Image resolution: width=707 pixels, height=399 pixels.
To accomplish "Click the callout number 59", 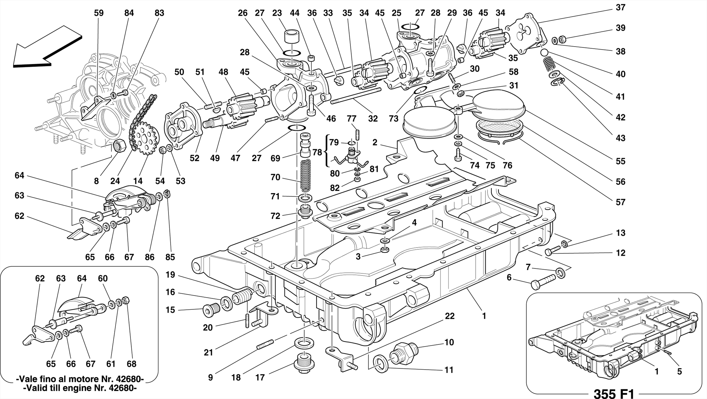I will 99,13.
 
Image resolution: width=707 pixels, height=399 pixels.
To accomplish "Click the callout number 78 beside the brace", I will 317,152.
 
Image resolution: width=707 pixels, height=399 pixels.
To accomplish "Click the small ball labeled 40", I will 544,52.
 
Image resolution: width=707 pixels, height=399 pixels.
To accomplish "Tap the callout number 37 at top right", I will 620,7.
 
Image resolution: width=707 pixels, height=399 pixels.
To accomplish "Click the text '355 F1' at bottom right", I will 614,393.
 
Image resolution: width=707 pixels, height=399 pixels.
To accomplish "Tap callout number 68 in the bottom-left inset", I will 132,364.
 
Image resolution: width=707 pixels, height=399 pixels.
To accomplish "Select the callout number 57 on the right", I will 620,202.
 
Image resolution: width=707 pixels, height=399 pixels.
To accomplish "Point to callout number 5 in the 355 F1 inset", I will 679,371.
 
